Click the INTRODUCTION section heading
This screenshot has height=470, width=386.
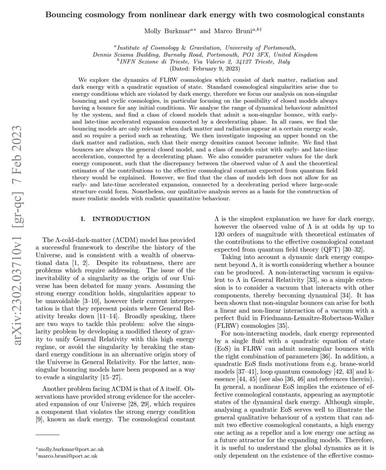121,219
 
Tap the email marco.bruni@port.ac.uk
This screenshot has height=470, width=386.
67,456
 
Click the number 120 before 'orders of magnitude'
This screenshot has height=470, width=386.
221,234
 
